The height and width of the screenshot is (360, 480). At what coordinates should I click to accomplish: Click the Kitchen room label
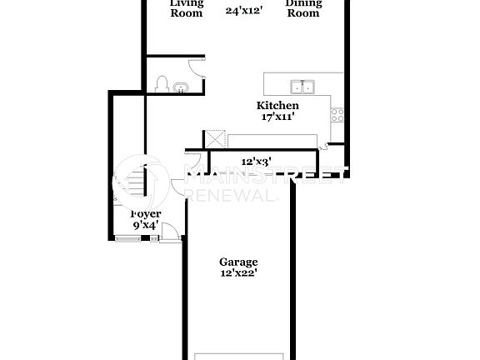point(277,106)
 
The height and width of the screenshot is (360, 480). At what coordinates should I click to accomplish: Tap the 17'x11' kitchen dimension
point(277,117)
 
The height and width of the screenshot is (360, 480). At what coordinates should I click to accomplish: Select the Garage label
point(238,262)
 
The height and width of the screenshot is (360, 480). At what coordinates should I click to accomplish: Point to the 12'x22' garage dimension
point(238,273)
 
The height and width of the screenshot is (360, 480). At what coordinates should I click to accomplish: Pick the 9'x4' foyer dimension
point(146,225)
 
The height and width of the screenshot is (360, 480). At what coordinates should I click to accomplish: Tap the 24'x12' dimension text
point(244,11)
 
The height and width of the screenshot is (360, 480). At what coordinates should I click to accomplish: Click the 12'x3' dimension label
point(256,161)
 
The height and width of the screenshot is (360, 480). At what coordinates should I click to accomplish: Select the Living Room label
point(186,7)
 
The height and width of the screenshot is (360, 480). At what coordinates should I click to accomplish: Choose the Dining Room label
point(302,7)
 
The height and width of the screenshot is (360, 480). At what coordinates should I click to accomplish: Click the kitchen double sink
point(302,86)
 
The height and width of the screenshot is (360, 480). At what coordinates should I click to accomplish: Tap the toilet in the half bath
point(162,83)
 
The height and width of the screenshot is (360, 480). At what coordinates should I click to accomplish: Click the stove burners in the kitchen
point(337,115)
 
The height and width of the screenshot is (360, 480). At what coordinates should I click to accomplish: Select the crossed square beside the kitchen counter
point(216,138)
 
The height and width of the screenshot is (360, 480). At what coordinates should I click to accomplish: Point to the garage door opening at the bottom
point(238,356)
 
